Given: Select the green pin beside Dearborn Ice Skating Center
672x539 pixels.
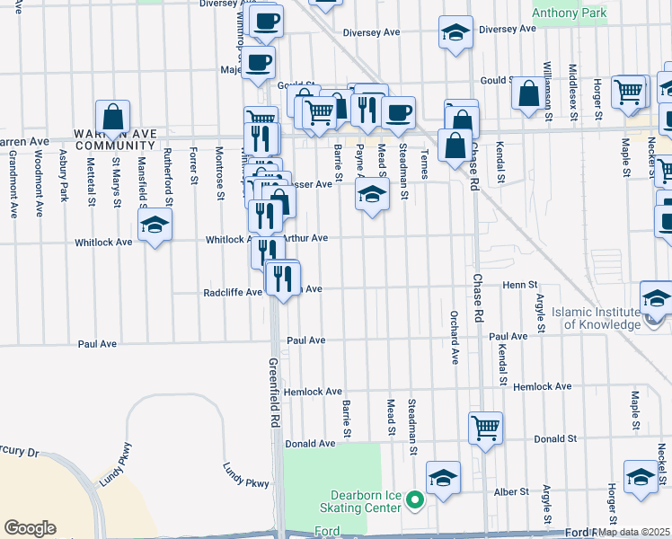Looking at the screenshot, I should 414,499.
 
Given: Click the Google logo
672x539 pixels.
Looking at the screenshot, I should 30,528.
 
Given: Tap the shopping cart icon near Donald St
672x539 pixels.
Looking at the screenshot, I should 485,427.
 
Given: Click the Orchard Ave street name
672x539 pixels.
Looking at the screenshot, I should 455,337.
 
